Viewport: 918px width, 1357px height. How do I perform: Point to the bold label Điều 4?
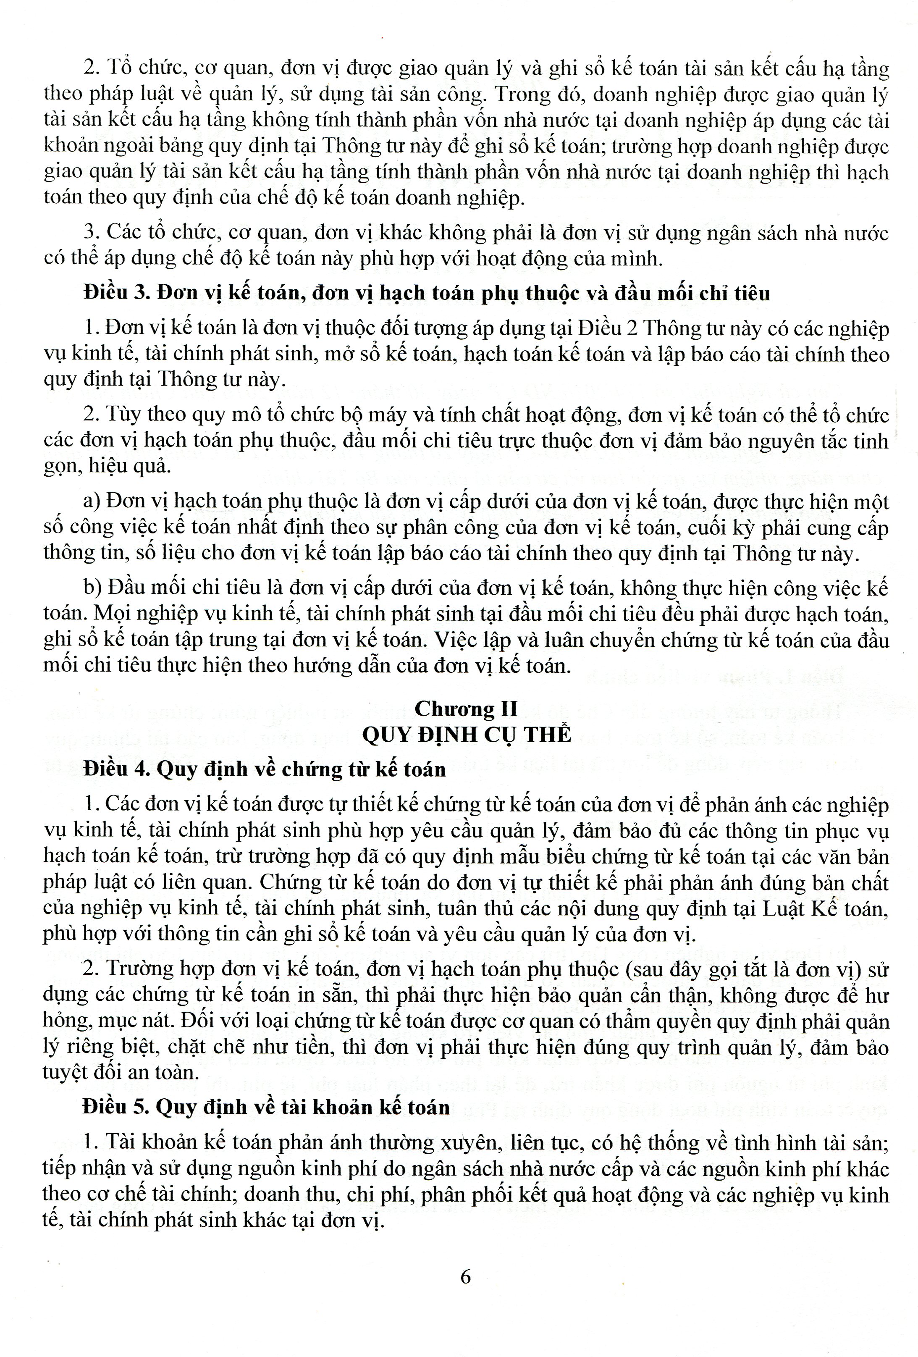point(117,769)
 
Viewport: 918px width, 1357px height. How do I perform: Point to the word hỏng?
point(63,1022)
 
